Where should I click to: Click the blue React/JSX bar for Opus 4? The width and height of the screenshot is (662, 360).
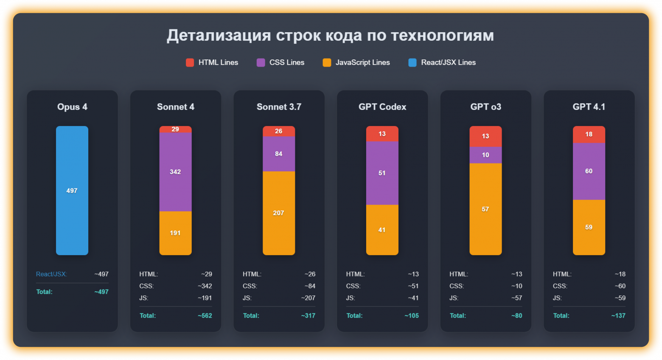72,191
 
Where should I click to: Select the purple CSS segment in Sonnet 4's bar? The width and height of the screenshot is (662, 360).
175,172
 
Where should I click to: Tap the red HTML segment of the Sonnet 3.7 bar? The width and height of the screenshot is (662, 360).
279,131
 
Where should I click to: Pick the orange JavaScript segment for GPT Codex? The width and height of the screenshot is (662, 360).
382,230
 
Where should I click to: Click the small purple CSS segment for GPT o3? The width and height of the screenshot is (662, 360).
485,155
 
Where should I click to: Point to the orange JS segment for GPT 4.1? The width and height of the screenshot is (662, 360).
589,227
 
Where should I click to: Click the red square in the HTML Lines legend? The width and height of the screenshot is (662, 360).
190,62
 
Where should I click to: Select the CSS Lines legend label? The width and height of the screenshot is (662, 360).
287,62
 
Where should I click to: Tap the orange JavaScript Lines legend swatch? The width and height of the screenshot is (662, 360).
327,62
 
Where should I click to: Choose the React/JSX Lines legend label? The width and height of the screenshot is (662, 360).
448,62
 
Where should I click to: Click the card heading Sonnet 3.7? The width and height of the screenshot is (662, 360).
279,107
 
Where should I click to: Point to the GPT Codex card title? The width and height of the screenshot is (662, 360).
382,107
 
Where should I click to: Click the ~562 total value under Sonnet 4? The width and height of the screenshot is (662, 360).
205,315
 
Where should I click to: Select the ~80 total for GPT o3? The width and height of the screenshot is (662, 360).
516,315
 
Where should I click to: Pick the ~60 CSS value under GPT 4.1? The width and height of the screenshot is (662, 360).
620,286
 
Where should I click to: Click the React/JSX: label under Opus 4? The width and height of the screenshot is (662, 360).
51,274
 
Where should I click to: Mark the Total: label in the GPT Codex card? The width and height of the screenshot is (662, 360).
354,315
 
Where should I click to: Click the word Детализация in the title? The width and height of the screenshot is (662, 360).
219,36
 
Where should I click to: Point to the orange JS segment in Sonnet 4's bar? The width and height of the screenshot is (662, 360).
175,233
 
